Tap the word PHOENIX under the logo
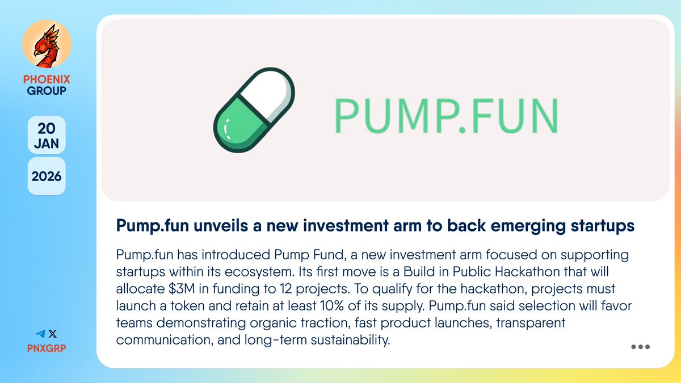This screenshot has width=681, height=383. coord(47,79)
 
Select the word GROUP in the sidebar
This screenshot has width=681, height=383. coord(47,91)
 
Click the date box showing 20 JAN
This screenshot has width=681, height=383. coord(47,135)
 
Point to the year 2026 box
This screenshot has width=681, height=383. coord(47,176)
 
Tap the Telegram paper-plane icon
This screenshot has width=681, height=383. coord(40,335)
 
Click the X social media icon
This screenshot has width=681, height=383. coord(53,335)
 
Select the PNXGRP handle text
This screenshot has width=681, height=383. coord(47,347)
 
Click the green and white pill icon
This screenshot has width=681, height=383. coord(255,110)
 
